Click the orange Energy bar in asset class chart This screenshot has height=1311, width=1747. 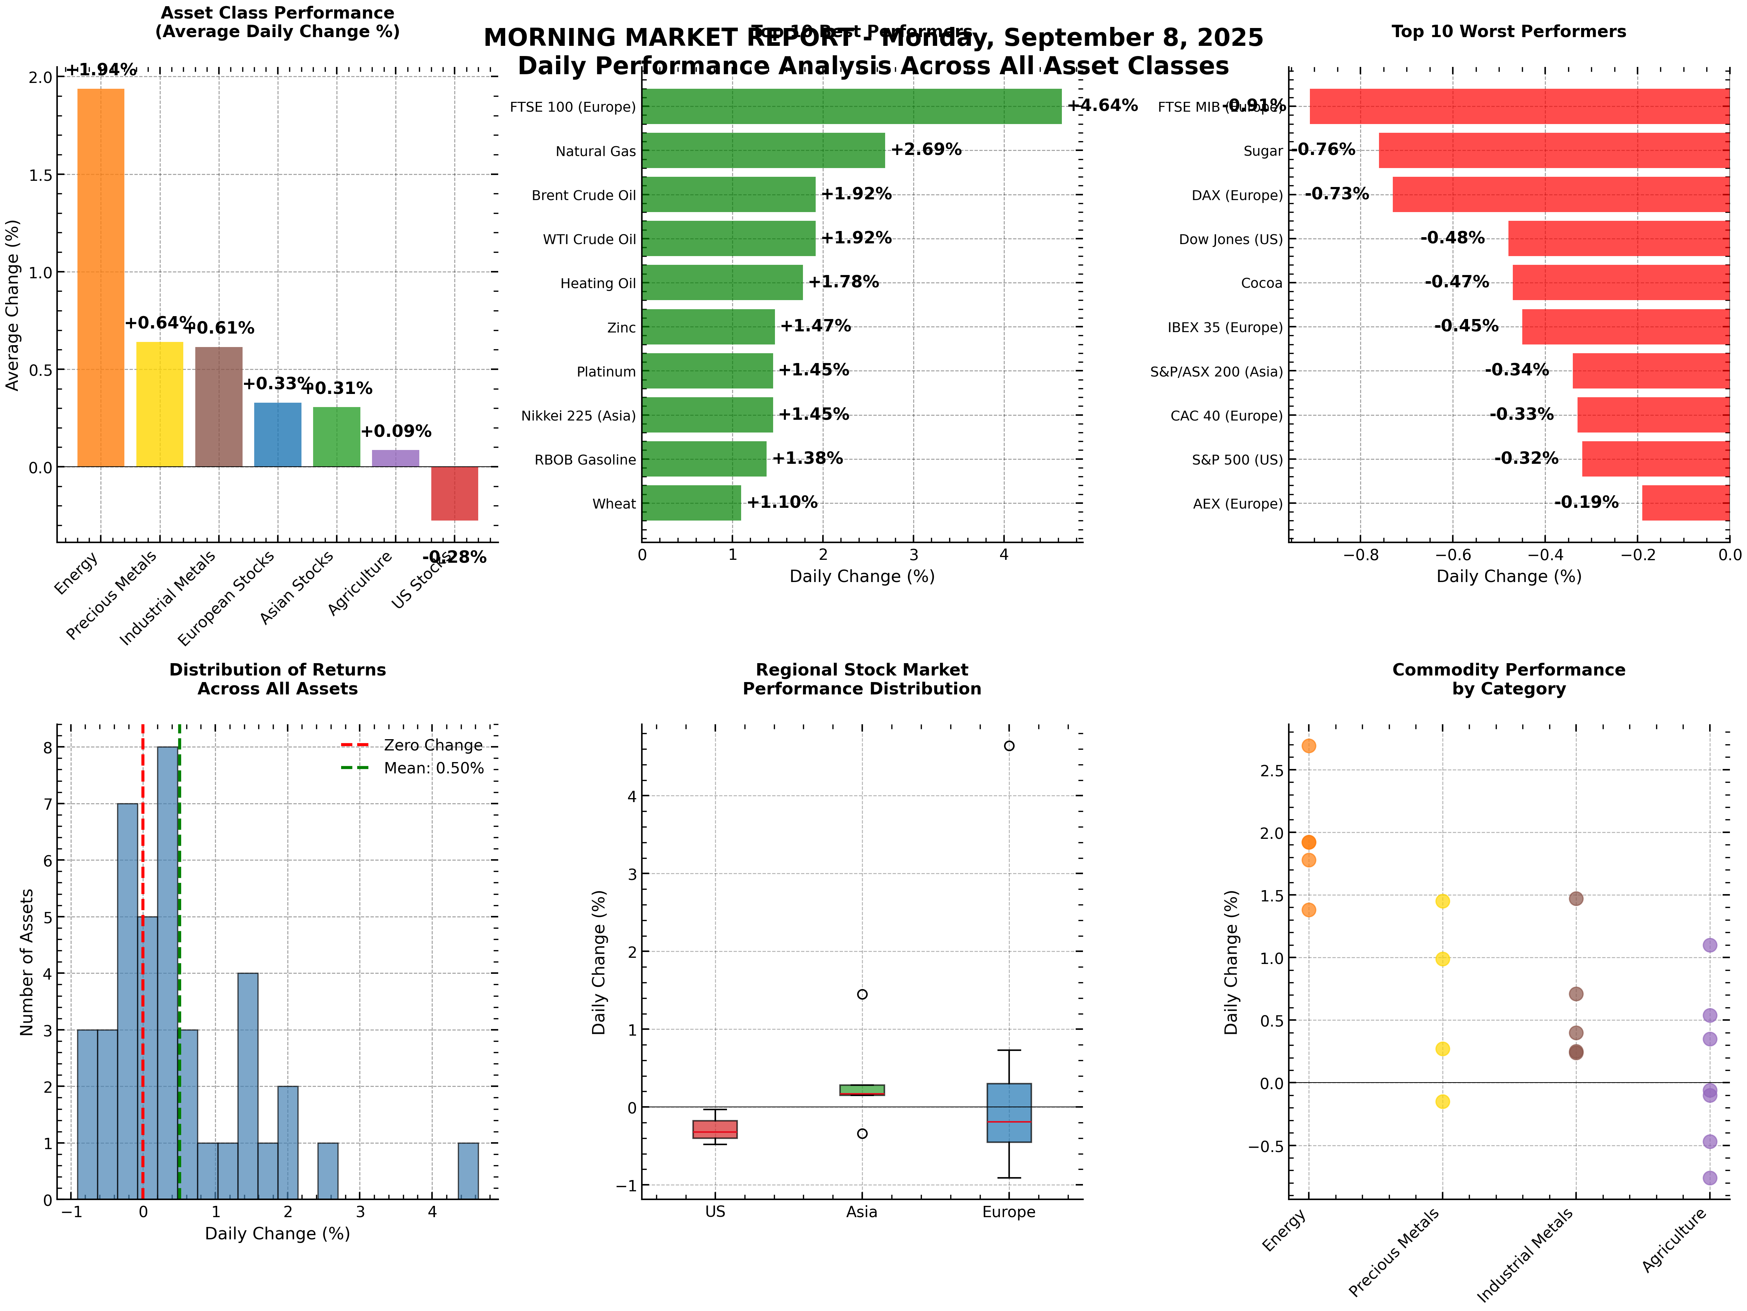100,276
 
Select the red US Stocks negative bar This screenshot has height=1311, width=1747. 454,493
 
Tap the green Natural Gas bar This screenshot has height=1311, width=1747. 763,150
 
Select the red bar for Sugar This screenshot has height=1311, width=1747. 1553,150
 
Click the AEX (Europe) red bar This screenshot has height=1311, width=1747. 1684,503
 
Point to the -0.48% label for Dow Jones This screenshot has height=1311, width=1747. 1452,238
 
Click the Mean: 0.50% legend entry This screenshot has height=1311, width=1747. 433,768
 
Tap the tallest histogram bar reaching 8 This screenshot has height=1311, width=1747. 167,972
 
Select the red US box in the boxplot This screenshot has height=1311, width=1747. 715,1129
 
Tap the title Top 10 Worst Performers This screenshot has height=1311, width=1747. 1508,32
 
